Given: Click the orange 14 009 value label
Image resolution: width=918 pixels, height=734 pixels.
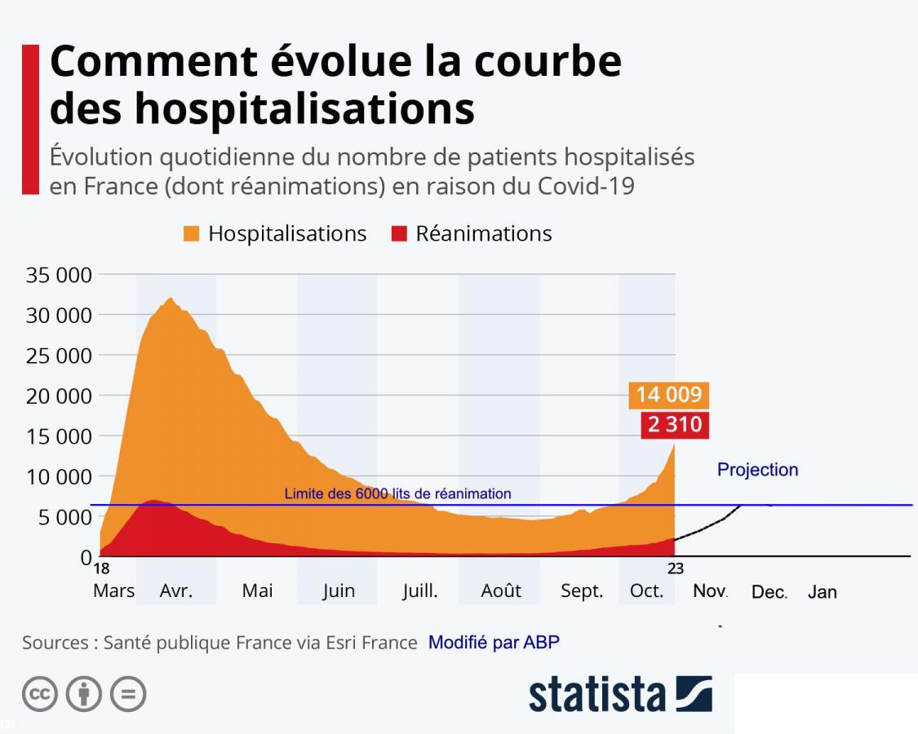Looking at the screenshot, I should pyautogui.click(x=668, y=395).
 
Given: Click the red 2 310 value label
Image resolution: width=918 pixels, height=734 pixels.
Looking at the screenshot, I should pyautogui.click(x=674, y=424).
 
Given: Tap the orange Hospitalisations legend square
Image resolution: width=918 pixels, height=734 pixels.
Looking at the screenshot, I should pyautogui.click(x=192, y=234).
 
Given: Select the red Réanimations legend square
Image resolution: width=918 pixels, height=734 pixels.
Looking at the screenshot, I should pyautogui.click(x=399, y=234).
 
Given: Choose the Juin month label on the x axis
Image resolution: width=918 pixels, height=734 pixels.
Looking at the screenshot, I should pyautogui.click(x=338, y=591).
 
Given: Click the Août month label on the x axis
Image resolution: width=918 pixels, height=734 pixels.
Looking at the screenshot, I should pyautogui.click(x=500, y=591).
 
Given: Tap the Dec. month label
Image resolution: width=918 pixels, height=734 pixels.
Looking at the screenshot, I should pyautogui.click(x=769, y=592).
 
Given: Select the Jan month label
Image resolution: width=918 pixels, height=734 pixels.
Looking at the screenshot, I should pyautogui.click(x=822, y=592).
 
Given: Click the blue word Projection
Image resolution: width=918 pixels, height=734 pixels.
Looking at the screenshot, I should pyautogui.click(x=757, y=470).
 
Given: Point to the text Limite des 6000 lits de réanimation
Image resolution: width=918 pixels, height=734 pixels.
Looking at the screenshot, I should pyautogui.click(x=397, y=493).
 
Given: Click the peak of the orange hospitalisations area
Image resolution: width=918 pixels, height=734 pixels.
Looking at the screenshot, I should pyautogui.click(x=170, y=298).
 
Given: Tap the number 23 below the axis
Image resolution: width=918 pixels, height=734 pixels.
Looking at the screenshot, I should pyautogui.click(x=676, y=569).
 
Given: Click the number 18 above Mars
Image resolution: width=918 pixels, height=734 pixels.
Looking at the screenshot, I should pyautogui.click(x=101, y=569).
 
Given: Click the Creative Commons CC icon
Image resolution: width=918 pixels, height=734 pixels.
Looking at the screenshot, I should pyautogui.click(x=40, y=694).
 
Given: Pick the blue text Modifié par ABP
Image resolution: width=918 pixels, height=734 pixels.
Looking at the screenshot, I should pyautogui.click(x=494, y=642).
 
